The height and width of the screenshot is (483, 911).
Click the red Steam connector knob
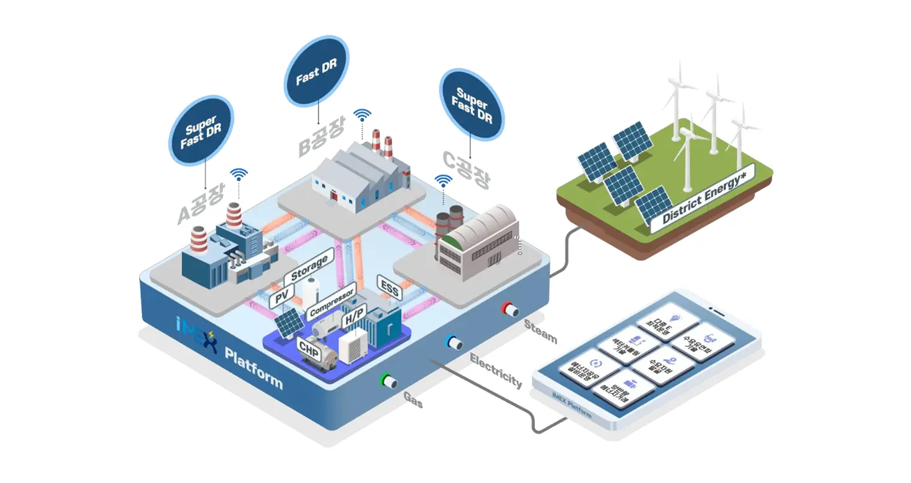click(x=512, y=310)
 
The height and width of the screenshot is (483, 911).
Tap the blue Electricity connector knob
click(x=454, y=343)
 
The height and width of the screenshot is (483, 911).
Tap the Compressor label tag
click(x=332, y=300)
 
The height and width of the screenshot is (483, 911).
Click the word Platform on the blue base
click(x=253, y=369)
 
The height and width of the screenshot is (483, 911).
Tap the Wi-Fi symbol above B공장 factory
click(x=363, y=116)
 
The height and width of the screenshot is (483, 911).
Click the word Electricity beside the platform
click(x=496, y=370)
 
